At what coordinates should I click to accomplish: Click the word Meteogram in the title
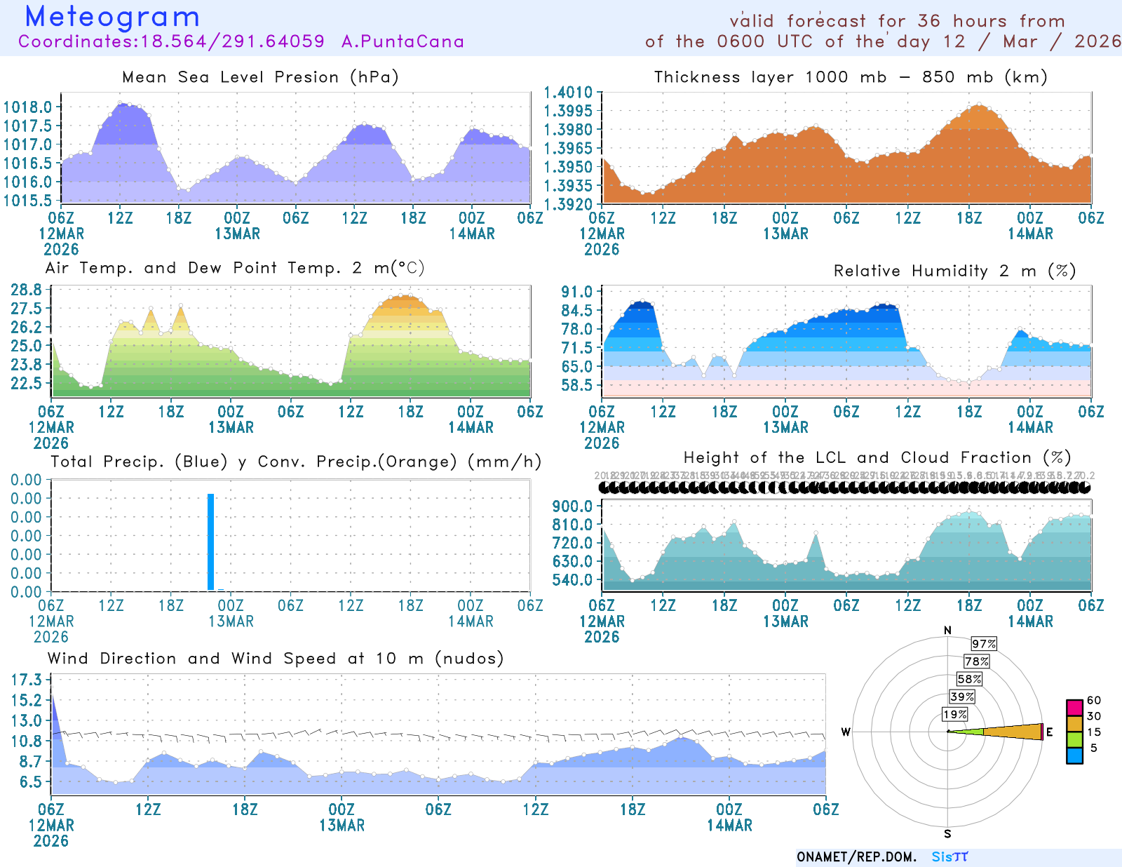tap(112, 17)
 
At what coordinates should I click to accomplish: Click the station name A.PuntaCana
tap(403, 41)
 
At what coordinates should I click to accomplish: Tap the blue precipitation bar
tap(210, 542)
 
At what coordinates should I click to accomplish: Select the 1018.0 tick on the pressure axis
tap(28, 107)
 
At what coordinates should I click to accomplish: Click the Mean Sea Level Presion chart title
tap(260, 77)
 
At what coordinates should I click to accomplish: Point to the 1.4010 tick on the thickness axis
tap(568, 93)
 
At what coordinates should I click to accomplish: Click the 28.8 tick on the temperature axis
tap(26, 290)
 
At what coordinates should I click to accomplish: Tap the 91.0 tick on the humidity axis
tap(576, 292)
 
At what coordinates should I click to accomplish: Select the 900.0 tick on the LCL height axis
tap(572, 506)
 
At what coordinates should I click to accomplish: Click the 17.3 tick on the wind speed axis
tap(26, 680)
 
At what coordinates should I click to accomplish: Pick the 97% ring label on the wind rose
tap(983, 644)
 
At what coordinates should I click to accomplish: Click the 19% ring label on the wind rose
tap(954, 715)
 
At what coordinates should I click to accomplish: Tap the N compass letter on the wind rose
tap(947, 631)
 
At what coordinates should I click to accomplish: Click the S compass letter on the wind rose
tap(947, 834)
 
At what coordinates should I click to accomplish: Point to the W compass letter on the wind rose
tap(846, 732)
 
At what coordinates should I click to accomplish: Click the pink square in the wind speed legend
tap(1074, 707)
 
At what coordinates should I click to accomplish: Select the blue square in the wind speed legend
tap(1074, 755)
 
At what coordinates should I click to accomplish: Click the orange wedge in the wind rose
tap(1013, 732)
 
